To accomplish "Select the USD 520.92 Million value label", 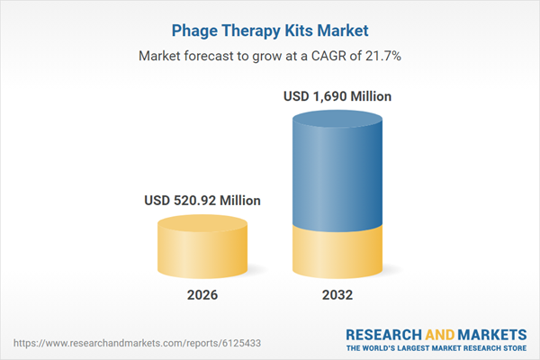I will (204, 201).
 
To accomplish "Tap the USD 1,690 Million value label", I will (337, 95).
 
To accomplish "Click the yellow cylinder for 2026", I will (204, 252).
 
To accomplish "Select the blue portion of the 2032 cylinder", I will (337, 171).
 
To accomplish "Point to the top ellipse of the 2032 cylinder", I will (337, 117).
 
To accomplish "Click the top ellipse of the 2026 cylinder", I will (204, 225).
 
